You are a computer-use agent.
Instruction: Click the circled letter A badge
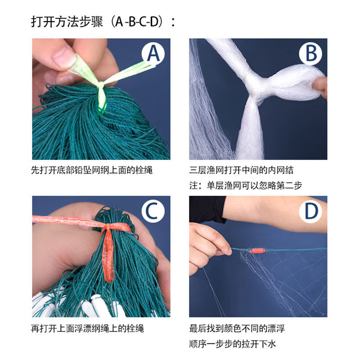[x=153, y=54]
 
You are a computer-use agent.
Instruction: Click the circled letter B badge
[x=310, y=54]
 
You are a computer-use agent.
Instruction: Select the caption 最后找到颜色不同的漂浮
[x=237, y=328]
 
